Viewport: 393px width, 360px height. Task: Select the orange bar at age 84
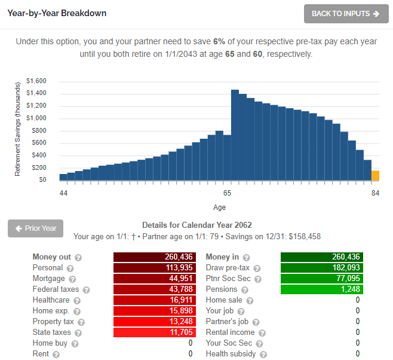375,175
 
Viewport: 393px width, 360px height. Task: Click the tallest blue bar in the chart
235,135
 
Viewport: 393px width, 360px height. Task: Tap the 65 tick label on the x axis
227,193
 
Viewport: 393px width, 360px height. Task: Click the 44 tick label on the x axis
63,193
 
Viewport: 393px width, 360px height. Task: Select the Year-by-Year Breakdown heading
57,13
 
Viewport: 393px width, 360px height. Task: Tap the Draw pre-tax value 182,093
322,268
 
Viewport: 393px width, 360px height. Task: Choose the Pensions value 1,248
322,289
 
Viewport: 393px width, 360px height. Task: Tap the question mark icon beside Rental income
262,333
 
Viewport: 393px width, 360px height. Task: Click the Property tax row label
53,322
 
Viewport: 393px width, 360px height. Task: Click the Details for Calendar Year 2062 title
196,225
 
